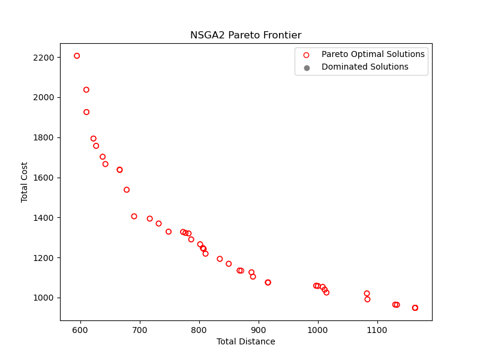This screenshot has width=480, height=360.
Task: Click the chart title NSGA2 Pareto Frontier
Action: point(246,35)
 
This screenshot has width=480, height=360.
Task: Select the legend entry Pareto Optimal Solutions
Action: point(373,54)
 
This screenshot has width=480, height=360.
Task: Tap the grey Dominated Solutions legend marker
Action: point(307,68)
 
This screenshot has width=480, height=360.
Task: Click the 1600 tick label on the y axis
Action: point(43,178)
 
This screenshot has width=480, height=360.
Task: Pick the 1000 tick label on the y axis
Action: point(43,298)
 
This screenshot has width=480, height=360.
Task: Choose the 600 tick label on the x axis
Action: point(80,331)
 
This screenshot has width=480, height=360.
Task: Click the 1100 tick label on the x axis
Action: point(377,331)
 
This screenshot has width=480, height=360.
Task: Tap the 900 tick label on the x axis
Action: point(259,331)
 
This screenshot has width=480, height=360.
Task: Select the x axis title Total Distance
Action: point(246,341)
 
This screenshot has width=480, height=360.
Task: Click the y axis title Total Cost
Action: point(24,182)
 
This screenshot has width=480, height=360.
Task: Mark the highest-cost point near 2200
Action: point(77,56)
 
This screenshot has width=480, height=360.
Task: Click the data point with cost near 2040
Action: point(86,89)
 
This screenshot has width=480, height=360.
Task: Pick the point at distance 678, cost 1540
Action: point(127,190)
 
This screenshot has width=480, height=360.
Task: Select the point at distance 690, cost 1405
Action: point(134,217)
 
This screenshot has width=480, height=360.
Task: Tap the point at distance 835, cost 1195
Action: point(220,259)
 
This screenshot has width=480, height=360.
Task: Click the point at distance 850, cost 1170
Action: point(229,264)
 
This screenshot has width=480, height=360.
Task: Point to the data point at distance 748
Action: point(169,232)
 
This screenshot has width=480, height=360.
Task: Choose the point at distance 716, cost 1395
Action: point(149,218)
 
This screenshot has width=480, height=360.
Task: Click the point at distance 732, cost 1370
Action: point(158,223)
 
